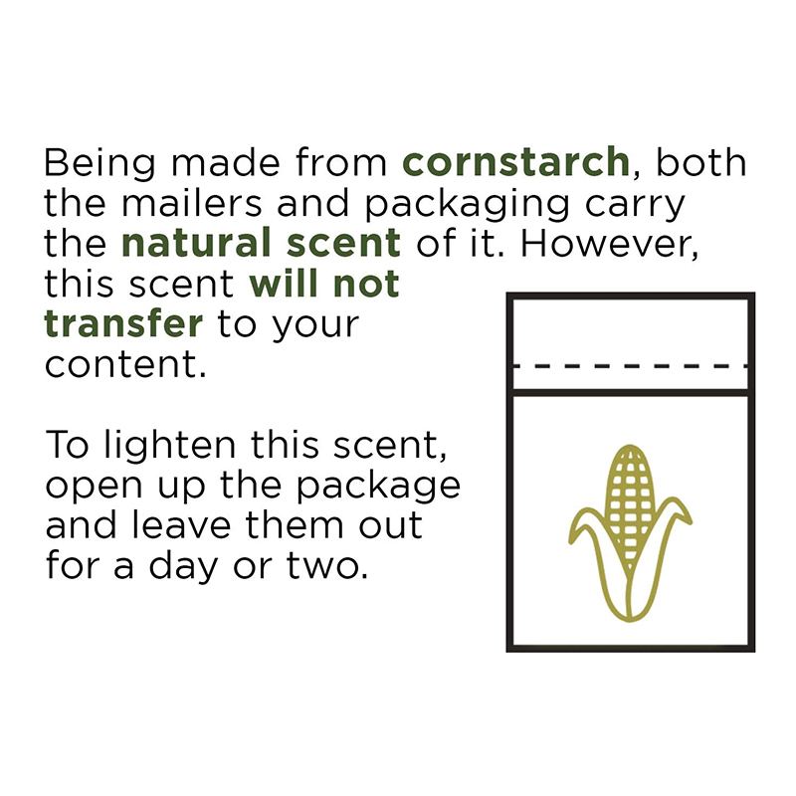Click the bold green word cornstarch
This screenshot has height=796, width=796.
[515, 161]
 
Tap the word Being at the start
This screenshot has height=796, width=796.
[99, 163]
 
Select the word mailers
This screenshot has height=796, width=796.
[192, 203]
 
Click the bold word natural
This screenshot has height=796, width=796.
[197, 242]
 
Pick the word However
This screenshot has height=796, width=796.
[609, 244]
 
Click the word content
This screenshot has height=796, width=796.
[125, 364]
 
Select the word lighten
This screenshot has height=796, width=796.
[170, 445]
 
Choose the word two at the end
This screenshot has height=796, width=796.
[327, 565]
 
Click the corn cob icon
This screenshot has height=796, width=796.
[630, 533]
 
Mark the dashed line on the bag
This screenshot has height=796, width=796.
[631, 365]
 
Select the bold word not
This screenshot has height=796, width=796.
[366, 284]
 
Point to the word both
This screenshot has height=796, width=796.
[701, 162]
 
